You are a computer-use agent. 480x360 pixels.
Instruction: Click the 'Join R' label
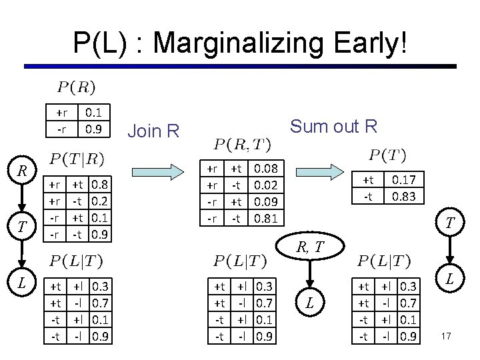pos(153,131)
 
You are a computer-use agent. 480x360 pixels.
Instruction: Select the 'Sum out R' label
pos(334,126)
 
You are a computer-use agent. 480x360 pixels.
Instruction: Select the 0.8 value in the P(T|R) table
pos(101,182)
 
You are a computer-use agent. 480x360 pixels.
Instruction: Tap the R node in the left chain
pos(22,172)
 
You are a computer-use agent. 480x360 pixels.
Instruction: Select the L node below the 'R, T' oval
pos(309,304)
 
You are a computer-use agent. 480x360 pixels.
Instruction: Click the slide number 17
pos(446,336)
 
